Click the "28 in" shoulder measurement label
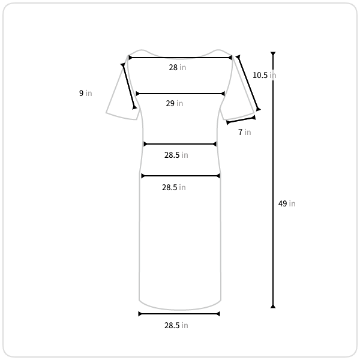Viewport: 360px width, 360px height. tap(177, 67)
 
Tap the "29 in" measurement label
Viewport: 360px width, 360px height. tap(174, 104)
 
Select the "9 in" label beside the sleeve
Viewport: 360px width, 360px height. tap(85, 93)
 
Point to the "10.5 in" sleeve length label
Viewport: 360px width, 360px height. tap(264, 76)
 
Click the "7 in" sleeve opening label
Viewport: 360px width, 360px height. tap(245, 132)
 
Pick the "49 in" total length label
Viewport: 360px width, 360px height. tap(287, 203)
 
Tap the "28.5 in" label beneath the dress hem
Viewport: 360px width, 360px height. tap(176, 326)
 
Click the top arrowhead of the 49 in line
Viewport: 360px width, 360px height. tap(273, 54)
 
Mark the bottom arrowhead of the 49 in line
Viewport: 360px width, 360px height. tap(273, 306)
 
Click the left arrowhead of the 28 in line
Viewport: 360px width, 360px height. tap(130, 58)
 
